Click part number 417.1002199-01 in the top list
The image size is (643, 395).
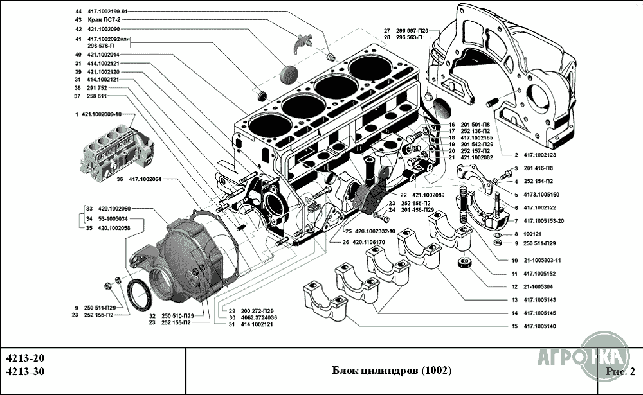(x=107, y=12)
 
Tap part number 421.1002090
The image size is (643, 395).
(x=104, y=29)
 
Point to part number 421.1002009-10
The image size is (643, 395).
(x=102, y=114)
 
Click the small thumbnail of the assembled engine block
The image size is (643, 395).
(x=117, y=152)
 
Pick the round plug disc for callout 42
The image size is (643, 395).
(x=289, y=74)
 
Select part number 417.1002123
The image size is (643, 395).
(x=540, y=155)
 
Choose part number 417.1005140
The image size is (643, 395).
(x=540, y=326)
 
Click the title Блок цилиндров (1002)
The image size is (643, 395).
(x=392, y=371)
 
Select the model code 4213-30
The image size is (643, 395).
(x=26, y=371)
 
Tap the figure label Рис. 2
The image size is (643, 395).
(x=620, y=372)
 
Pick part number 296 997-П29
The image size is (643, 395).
(x=412, y=31)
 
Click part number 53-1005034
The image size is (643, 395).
(x=113, y=218)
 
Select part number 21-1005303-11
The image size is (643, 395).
(x=543, y=260)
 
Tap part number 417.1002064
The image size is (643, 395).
(x=145, y=179)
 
